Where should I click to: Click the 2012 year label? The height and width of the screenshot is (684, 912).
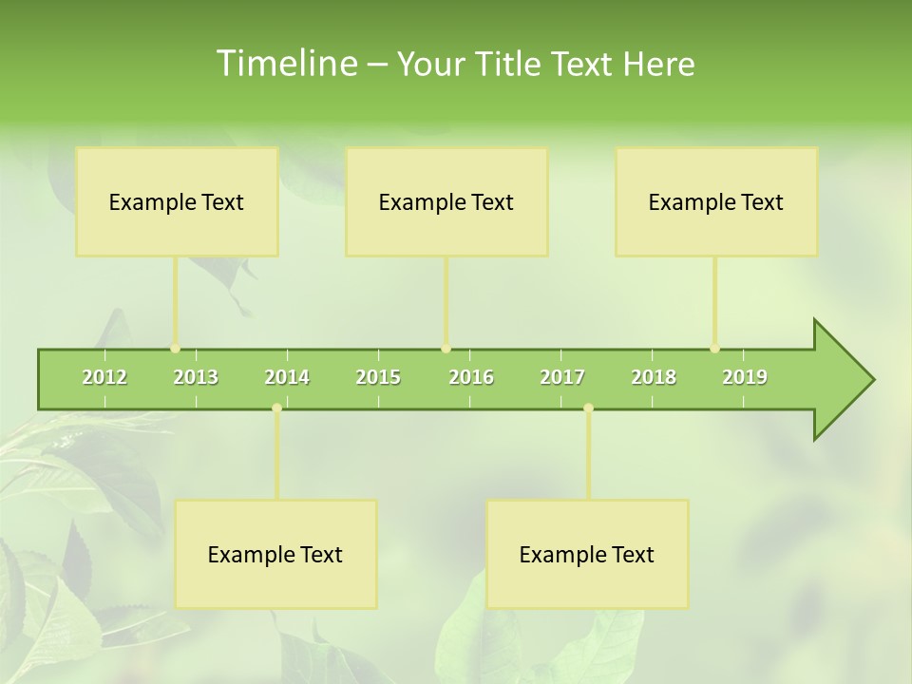104,377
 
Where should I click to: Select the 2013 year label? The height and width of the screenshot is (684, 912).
196,377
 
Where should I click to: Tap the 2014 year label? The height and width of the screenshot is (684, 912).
287,377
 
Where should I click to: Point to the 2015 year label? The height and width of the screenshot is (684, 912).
378,377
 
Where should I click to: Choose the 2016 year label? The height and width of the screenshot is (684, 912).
471,377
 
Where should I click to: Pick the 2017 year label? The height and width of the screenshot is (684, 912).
562,377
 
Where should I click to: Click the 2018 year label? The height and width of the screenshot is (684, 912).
654,377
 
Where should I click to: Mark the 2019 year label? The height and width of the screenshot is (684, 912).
745,377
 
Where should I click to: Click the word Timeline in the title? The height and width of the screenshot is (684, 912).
286,64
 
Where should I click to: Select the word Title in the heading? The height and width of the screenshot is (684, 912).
509,65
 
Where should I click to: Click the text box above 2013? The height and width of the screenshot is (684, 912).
177,201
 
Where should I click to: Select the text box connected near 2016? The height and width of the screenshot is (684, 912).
446,201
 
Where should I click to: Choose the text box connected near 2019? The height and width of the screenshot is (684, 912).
716,201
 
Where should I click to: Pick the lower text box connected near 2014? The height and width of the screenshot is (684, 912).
275,554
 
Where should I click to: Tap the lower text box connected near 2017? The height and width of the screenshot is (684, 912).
587,554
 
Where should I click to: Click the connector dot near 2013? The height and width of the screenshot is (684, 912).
175,349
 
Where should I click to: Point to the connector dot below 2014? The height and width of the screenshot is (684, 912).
276,408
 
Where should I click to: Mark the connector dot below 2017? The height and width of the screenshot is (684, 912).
588,408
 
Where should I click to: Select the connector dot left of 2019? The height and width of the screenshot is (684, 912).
714,349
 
